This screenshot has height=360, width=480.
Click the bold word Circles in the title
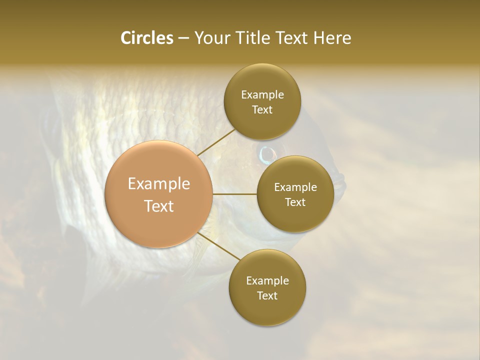pyautogui.click(x=146, y=38)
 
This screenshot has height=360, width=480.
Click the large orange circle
pyautogui.click(x=158, y=194)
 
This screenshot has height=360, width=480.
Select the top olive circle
pyautogui.click(x=262, y=101)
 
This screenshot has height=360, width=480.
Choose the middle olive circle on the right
pyautogui.click(x=295, y=194)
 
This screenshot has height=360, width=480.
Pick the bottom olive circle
pyautogui.click(x=267, y=287)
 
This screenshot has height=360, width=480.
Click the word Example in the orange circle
pyautogui.click(x=159, y=184)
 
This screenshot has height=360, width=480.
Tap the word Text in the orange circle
pyautogui.click(x=159, y=206)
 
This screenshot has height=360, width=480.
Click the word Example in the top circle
pyautogui.click(x=262, y=94)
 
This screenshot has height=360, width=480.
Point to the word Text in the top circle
pyautogui.click(x=262, y=109)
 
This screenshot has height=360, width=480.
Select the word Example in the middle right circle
pyautogui.click(x=295, y=187)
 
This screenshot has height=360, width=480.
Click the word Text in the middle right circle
pyautogui.click(x=295, y=202)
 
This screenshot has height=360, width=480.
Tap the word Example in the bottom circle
pyautogui.click(x=267, y=280)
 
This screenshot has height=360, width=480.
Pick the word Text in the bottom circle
pyautogui.click(x=267, y=295)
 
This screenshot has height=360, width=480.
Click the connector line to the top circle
pyautogui.click(x=215, y=142)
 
